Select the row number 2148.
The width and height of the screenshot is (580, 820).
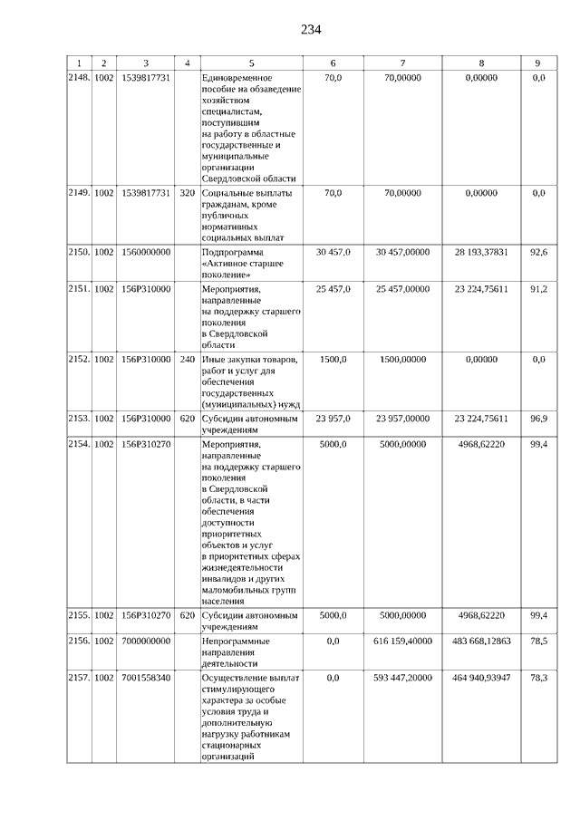click(x=79, y=79)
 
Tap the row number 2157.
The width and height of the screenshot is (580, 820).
click(x=79, y=678)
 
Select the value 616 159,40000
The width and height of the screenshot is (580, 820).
click(x=402, y=641)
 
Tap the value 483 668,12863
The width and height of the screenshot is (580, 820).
click(x=481, y=641)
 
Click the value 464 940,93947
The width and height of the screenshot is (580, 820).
click(x=481, y=678)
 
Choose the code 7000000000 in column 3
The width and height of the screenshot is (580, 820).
click(x=146, y=641)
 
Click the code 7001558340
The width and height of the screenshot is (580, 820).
click(x=146, y=678)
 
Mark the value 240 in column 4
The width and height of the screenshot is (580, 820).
click(x=188, y=360)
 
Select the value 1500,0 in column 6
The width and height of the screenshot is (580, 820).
click(x=333, y=360)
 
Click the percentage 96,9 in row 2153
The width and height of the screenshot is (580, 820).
click(x=538, y=419)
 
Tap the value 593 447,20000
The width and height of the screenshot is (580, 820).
click(x=402, y=678)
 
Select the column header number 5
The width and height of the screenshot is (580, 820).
click(x=251, y=63)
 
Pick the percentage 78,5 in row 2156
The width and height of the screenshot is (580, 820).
click(x=538, y=641)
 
